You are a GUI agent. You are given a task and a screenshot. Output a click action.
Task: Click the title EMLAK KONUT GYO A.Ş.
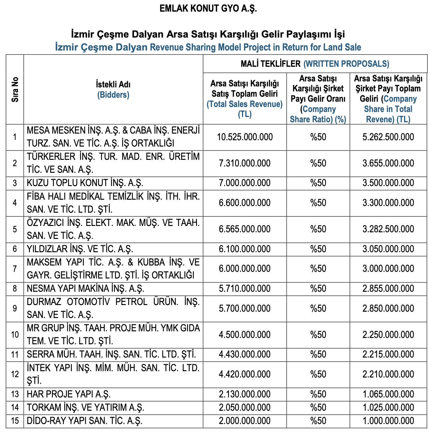point(208,9)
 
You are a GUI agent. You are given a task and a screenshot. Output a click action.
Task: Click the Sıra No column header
point(15,90)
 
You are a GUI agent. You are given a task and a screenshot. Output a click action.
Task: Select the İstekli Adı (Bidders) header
point(113,89)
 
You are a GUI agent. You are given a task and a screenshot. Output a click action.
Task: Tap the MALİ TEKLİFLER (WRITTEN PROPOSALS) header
point(315,64)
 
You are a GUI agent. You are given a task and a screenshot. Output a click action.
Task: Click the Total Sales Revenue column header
point(245,99)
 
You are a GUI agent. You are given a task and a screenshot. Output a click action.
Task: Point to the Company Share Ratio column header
point(318,99)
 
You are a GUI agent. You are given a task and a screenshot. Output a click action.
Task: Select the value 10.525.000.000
point(245,137)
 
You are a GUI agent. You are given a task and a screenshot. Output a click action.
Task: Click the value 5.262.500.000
point(388,137)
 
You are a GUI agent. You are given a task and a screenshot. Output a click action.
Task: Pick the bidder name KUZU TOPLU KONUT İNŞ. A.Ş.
point(85,183)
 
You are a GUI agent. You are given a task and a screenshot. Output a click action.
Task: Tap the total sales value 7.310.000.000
point(245,163)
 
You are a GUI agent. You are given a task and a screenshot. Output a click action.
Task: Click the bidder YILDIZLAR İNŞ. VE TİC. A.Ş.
point(80,249)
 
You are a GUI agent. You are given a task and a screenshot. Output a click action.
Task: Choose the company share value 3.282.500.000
point(388,229)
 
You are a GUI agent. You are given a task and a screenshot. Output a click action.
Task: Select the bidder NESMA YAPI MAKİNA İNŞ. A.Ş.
point(86,288)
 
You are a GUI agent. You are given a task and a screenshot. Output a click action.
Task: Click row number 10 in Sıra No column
point(15,334)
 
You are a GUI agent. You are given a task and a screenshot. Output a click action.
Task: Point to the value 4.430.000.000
point(245,354)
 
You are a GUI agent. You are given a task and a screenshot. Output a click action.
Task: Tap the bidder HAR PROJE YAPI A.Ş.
point(69,394)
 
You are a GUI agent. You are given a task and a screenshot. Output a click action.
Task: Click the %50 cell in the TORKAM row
point(318,407)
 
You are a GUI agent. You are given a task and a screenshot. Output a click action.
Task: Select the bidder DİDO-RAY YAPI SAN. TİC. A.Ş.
point(85,421)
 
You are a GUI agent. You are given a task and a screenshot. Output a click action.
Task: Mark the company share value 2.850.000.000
point(388,308)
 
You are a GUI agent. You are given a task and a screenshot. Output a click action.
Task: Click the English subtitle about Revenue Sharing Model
point(208,47)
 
